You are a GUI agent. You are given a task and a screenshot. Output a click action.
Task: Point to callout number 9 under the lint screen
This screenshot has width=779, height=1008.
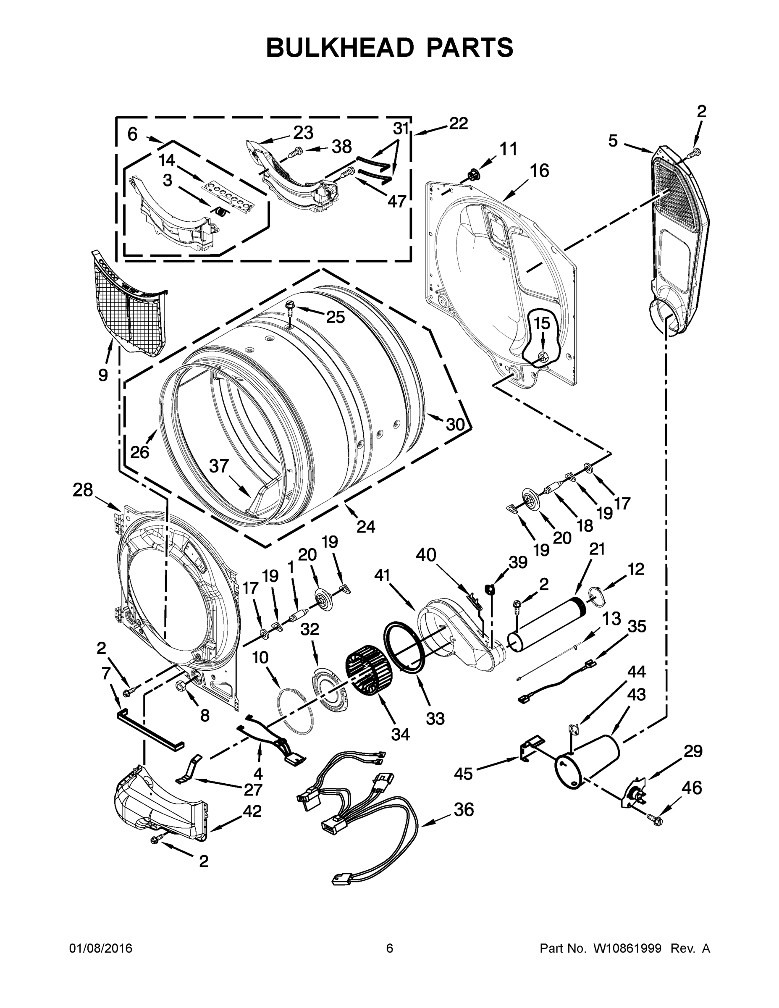point(103,375)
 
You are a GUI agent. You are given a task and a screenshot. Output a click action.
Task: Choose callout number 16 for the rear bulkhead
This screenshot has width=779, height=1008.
point(539,171)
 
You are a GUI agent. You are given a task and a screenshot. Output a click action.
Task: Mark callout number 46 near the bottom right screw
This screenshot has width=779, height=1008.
point(692,787)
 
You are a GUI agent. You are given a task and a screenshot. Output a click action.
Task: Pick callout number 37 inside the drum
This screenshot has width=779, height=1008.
point(219,466)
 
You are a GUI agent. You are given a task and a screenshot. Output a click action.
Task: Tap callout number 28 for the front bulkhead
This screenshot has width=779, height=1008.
point(83,490)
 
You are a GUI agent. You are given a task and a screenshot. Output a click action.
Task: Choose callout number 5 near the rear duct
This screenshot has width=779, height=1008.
point(612,141)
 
